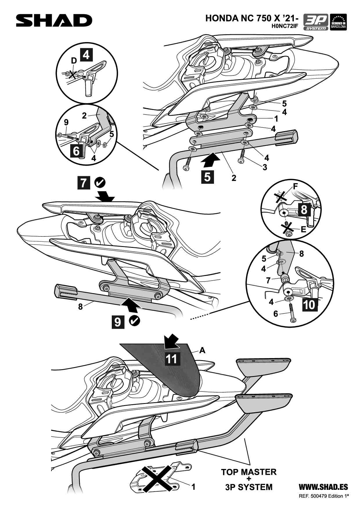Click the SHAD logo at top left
[x=54, y=21]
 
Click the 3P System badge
[x=316, y=22]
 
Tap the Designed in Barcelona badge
[x=338, y=22]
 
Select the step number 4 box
[x=86, y=55]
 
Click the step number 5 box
[x=207, y=177]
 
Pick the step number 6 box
[x=76, y=151]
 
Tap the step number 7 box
[x=84, y=183]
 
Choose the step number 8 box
[x=304, y=209]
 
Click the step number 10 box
[x=310, y=304]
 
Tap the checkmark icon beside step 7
[x=100, y=183]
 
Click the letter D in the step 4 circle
[x=74, y=60]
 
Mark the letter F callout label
[x=296, y=186]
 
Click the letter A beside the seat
[x=202, y=350]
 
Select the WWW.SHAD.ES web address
[x=323, y=487]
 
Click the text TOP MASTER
[x=249, y=472]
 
